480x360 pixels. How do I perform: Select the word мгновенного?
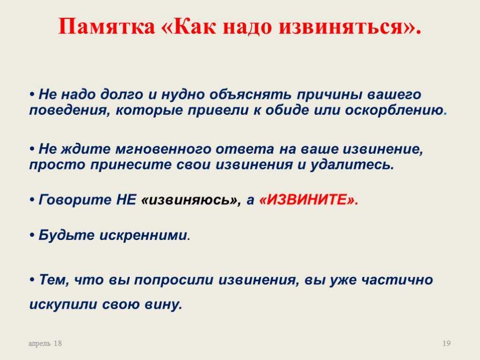[x=163, y=150]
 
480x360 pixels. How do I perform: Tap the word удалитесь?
[x=352, y=165]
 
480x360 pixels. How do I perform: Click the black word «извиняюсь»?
[x=189, y=200]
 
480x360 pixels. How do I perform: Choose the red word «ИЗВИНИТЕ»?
[x=307, y=200]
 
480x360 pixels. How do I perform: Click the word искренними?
[x=143, y=235]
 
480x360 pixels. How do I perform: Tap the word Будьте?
[x=67, y=235]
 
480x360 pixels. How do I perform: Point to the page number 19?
[x=447, y=344]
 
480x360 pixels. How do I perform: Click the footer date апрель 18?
[x=45, y=344]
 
